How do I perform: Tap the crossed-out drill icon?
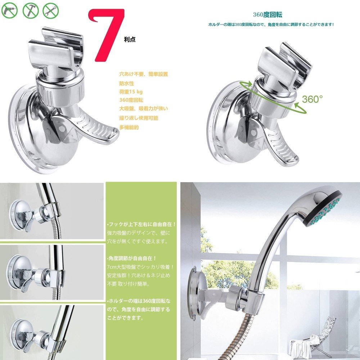point(9,10)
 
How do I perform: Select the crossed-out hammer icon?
point(31,10)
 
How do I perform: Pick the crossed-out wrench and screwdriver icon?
point(51,10)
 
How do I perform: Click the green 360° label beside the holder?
point(312,99)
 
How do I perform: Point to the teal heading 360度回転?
point(268,15)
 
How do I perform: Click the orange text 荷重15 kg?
point(131,92)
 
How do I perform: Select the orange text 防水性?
point(126,84)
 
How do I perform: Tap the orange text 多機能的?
point(129,127)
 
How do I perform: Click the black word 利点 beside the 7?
point(130,40)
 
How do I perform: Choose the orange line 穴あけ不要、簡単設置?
point(144,74)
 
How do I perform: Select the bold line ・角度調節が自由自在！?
point(132,258)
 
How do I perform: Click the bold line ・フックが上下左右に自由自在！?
point(141,224)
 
